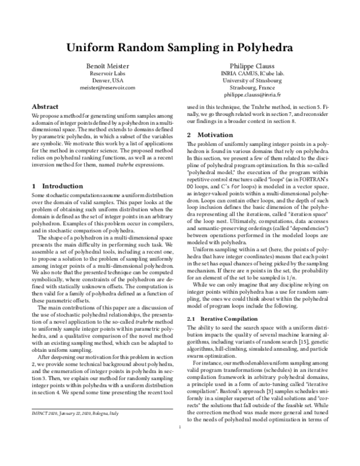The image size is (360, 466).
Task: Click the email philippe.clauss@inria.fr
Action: (253, 95)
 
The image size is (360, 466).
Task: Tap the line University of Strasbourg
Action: (253, 80)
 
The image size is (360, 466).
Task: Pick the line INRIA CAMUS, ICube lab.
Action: (253, 73)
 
